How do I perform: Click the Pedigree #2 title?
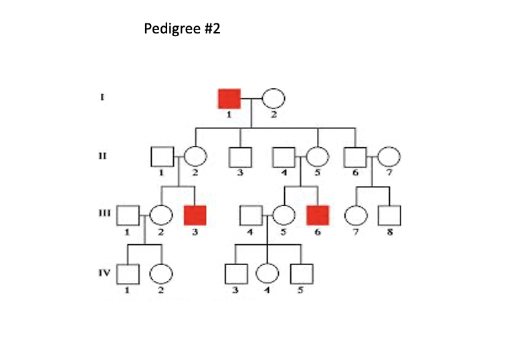[182, 29]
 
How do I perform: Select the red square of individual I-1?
[229, 98]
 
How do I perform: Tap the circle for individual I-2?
[273, 98]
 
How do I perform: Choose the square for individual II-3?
[240, 157]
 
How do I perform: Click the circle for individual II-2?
[195, 157]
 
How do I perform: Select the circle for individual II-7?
[389, 157]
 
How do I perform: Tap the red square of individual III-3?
[195, 215]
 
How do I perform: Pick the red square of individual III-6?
[318, 215]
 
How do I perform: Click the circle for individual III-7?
[355, 215]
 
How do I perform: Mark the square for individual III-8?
[389, 215]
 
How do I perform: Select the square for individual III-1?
[128, 215]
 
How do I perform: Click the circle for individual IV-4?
[268, 273]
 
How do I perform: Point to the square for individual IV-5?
[302, 273]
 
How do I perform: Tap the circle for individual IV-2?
[161, 273]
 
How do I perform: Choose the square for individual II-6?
[355, 157]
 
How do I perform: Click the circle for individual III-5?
[284, 215]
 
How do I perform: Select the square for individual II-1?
[162, 157]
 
